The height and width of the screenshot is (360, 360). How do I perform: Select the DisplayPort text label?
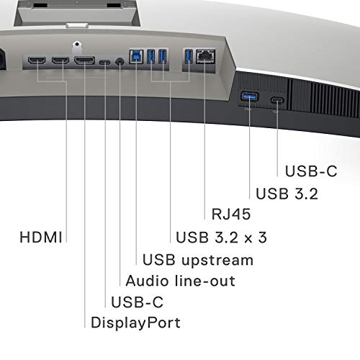(135, 321)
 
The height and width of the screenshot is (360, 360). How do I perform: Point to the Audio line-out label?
(180, 279)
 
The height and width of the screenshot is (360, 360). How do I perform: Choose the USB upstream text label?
(198, 259)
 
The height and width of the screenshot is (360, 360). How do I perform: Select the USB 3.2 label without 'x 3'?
(287, 192)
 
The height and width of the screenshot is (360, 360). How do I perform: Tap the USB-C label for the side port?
(310, 171)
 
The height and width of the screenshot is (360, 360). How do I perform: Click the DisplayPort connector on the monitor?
(85, 60)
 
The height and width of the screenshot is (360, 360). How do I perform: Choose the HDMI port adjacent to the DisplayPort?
(60, 60)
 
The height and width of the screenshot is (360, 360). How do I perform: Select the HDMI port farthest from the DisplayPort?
(37, 60)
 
